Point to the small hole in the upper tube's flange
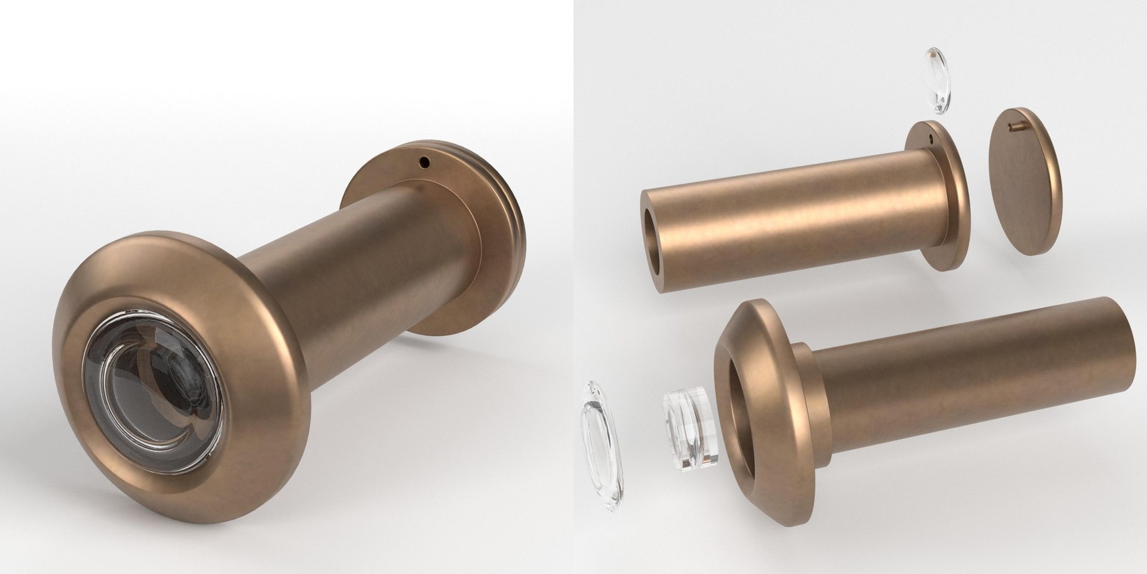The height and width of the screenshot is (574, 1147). tap(933, 139)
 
